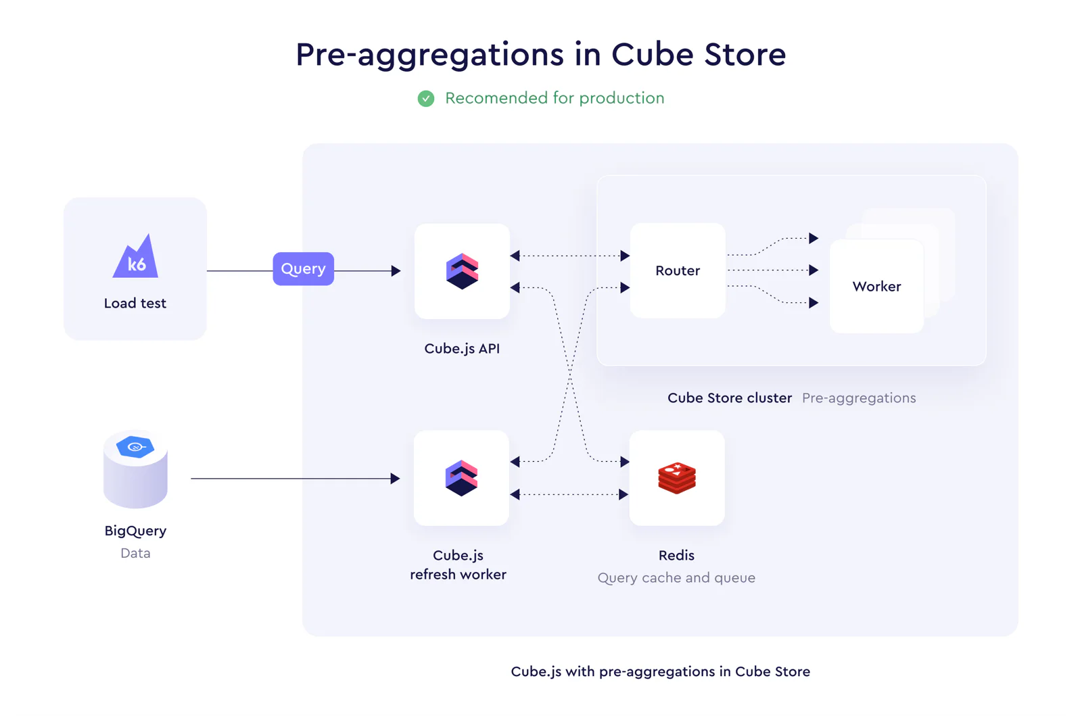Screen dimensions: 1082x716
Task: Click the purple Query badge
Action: coord(304,269)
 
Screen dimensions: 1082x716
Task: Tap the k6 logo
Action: coord(136,256)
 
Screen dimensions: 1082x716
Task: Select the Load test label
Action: coord(135,303)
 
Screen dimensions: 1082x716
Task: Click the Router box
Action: coord(678,270)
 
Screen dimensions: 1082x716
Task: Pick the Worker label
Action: coord(876,286)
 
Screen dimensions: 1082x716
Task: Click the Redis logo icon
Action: coord(677,478)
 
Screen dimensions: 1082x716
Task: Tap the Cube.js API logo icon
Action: coord(463,271)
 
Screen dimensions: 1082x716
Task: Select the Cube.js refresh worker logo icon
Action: coord(461,478)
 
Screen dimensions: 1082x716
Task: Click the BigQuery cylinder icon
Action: coord(135,469)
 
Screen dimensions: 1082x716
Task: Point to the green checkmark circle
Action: coord(426,99)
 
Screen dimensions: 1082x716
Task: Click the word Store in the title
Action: coord(745,54)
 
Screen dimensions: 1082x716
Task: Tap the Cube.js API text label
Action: coord(462,349)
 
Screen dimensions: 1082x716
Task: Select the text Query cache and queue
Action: coord(676,578)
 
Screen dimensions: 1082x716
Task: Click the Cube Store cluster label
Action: coord(730,398)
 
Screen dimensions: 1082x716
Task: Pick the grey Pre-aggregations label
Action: coord(859,398)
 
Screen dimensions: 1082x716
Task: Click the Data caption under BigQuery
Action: coord(135,553)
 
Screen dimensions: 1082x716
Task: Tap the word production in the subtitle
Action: coord(621,99)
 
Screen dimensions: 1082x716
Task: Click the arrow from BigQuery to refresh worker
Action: coord(296,479)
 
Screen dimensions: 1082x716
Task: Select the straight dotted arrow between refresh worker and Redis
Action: coord(569,494)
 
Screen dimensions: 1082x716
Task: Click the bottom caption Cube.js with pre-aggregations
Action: coord(660,671)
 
